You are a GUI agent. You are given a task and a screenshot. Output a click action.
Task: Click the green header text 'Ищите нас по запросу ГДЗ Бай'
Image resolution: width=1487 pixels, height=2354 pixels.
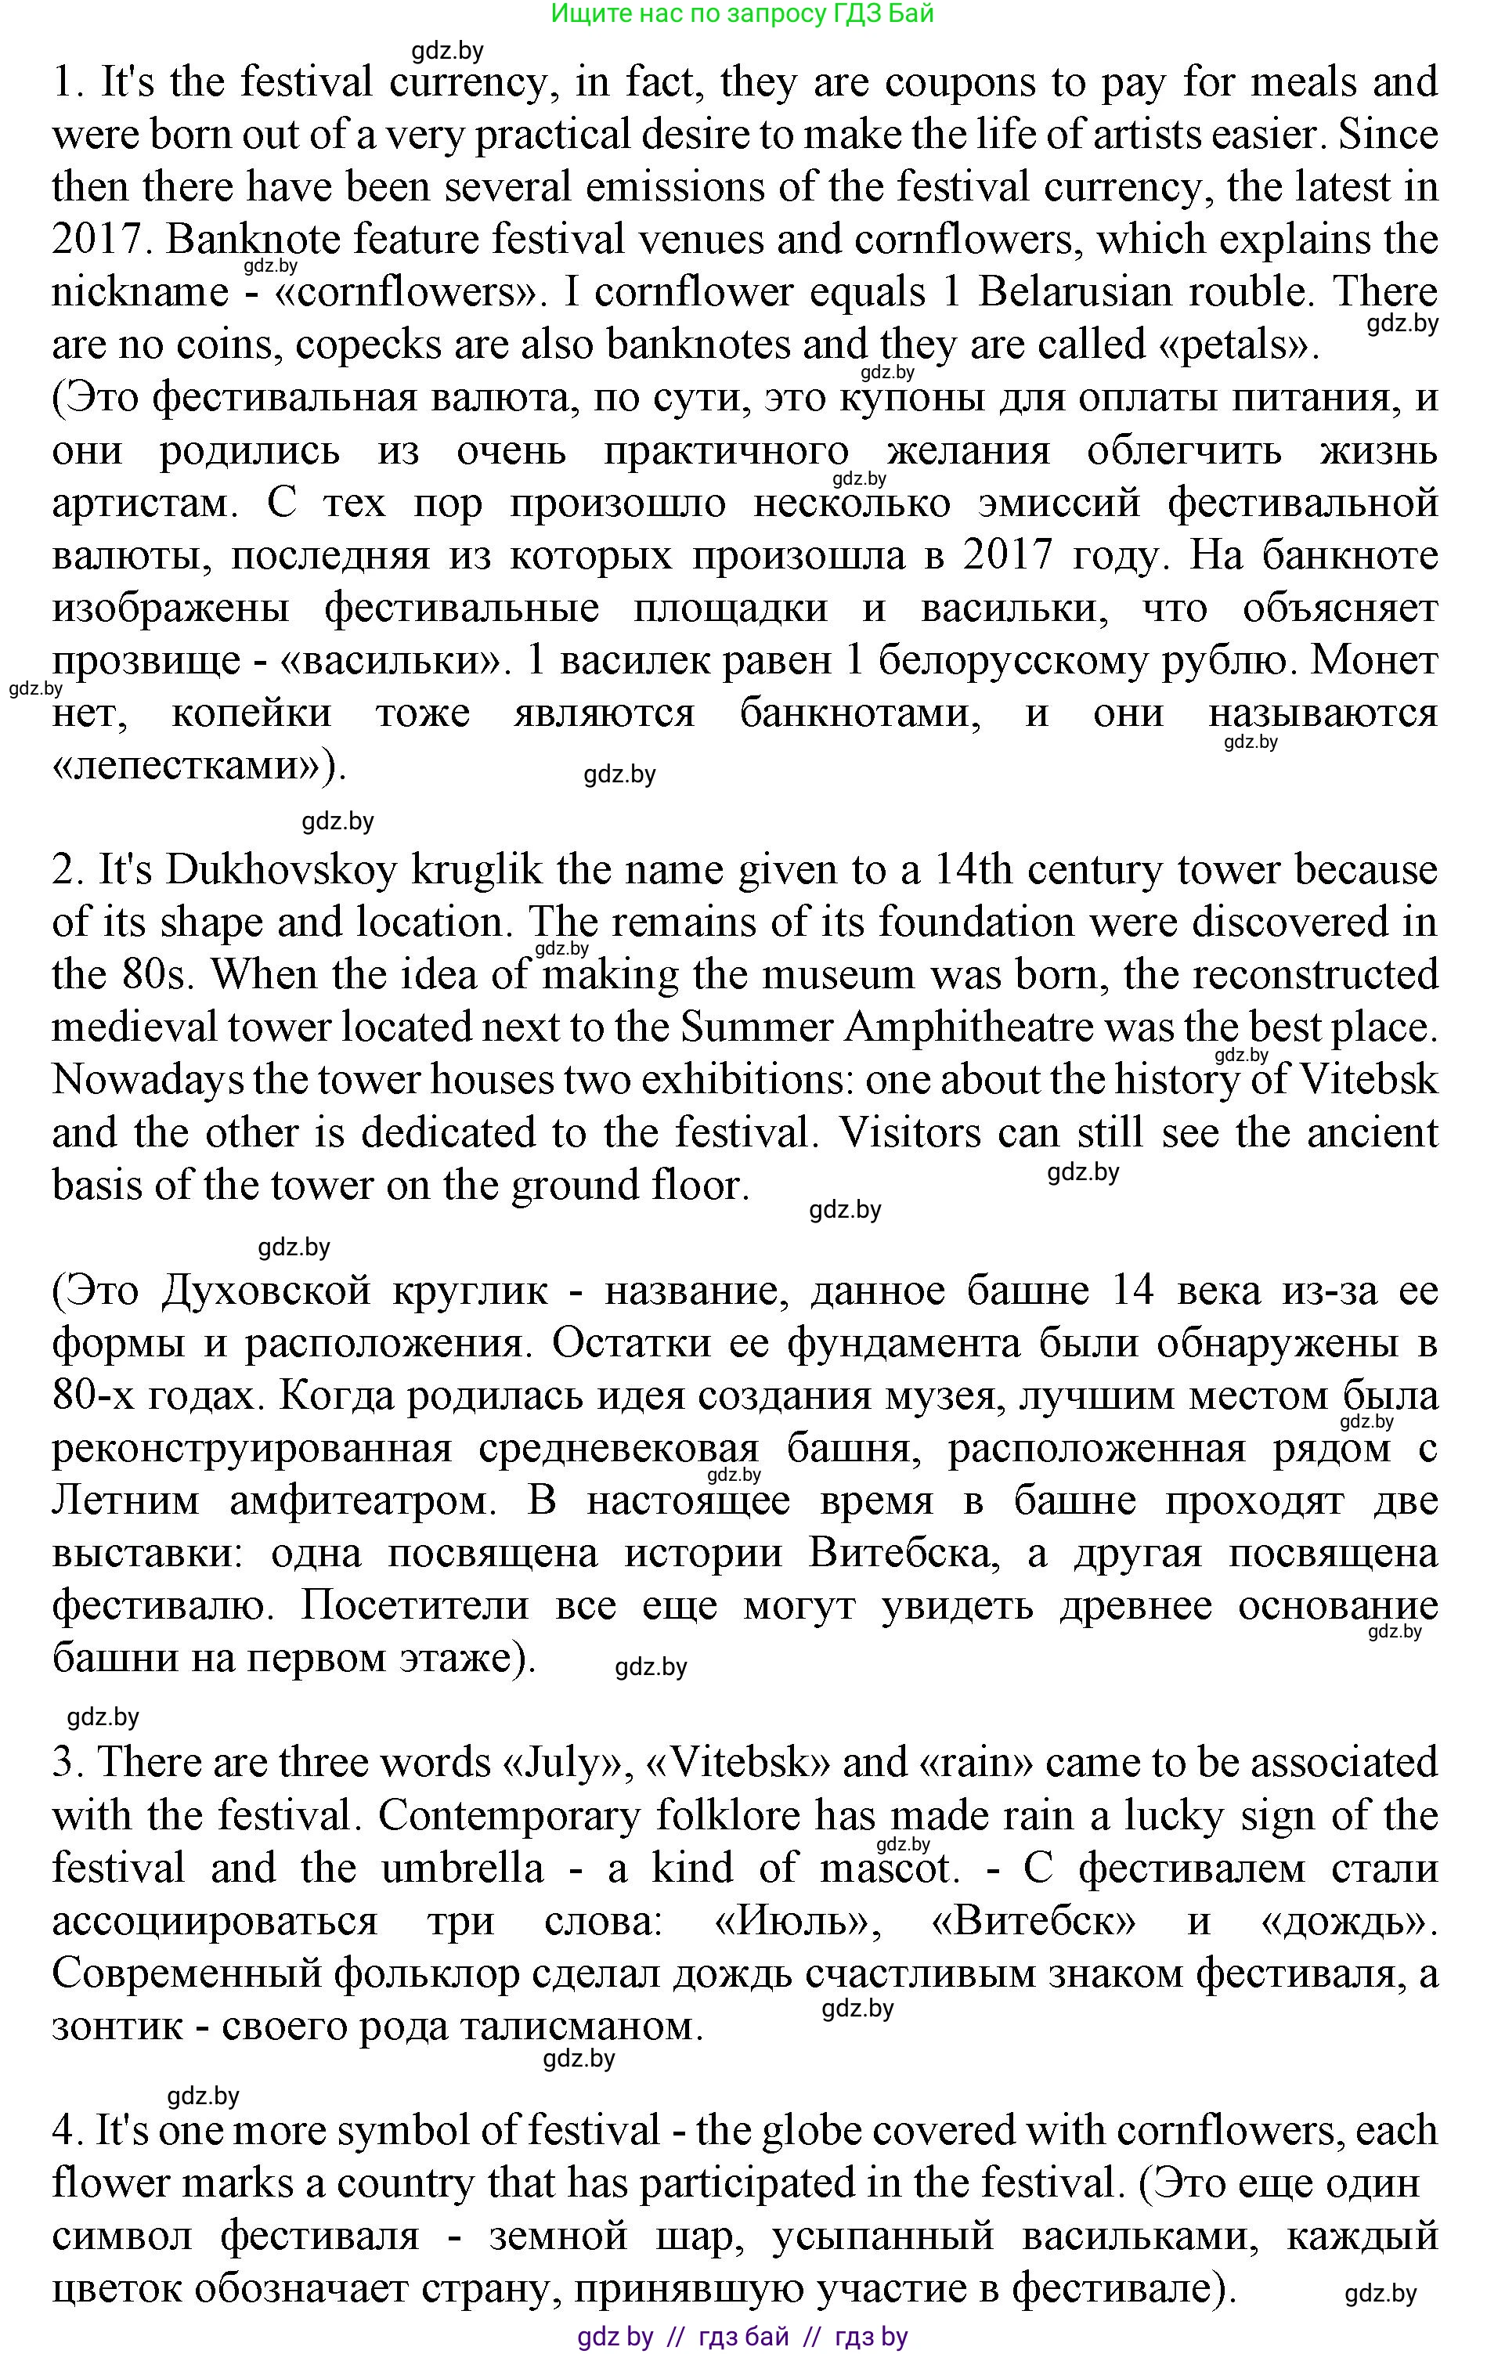click(742, 13)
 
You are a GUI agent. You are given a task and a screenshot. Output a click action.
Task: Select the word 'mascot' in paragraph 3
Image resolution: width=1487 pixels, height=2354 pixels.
click(885, 1869)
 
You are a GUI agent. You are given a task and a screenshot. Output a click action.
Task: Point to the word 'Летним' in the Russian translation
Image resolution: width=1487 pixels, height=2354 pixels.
click(125, 1500)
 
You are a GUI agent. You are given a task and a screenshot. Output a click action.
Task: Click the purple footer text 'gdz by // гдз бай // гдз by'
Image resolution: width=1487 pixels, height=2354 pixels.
click(742, 2338)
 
